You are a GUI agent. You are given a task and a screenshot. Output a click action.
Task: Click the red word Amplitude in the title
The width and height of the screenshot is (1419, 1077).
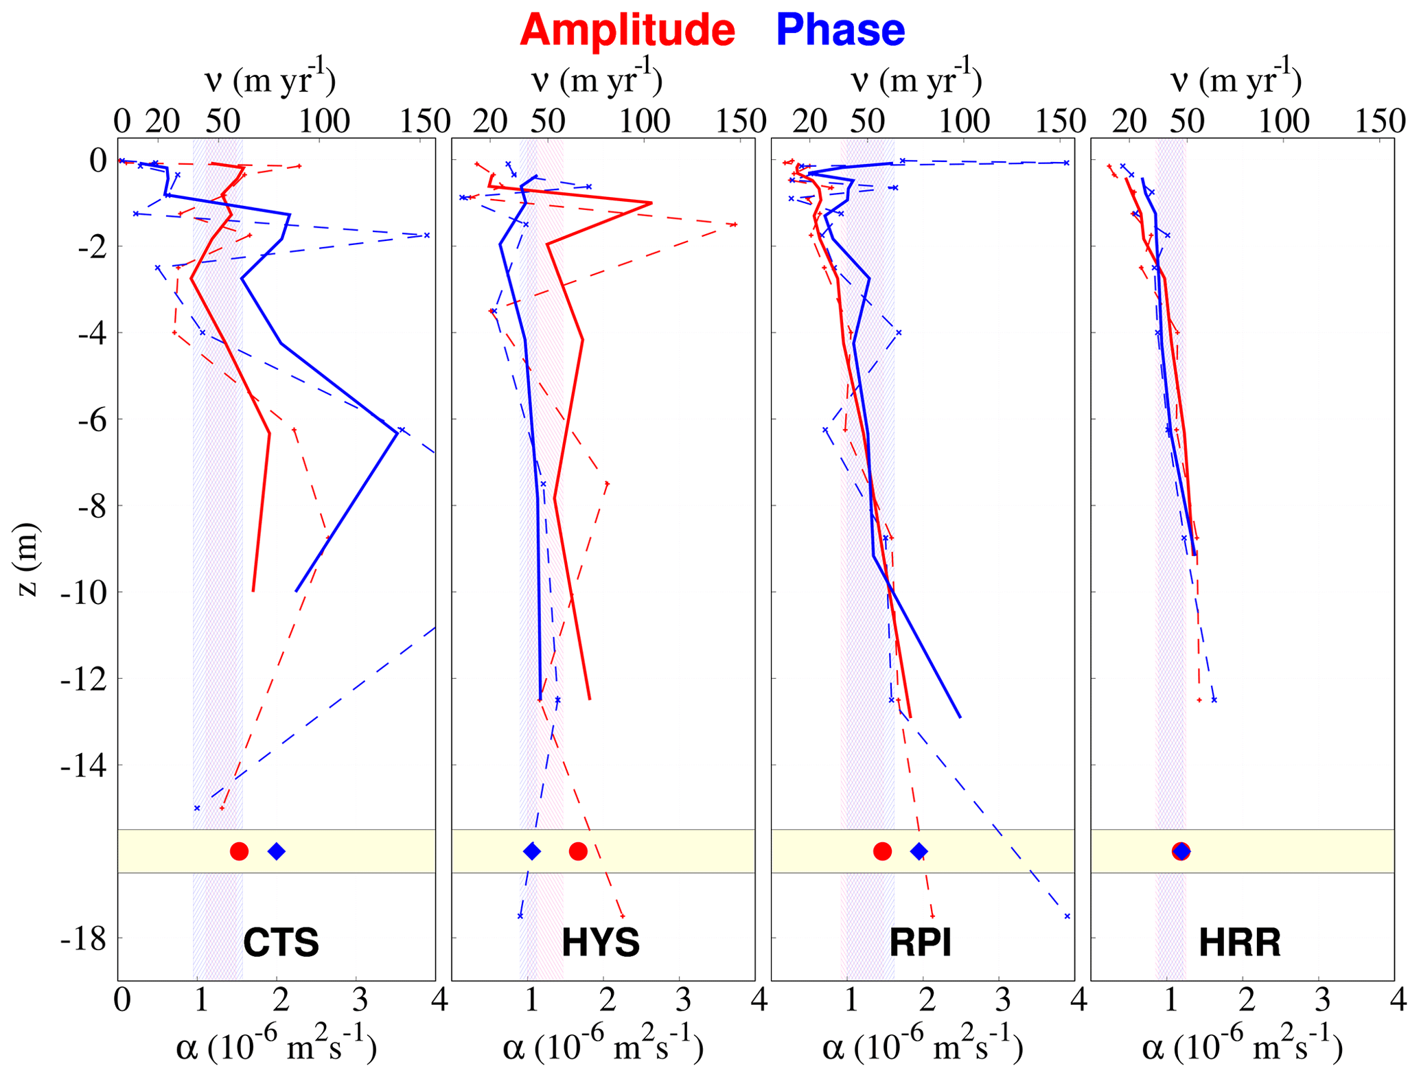[627, 30]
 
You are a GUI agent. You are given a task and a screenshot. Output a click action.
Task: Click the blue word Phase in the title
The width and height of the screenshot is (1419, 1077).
[840, 30]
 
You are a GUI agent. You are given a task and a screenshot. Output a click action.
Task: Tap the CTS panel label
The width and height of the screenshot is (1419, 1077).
[281, 942]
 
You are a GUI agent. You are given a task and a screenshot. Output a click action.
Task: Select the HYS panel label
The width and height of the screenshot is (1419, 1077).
[601, 942]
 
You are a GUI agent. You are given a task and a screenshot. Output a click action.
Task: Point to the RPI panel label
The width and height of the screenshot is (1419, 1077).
[920, 942]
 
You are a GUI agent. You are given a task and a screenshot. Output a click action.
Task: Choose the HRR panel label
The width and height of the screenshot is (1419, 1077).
[1239, 942]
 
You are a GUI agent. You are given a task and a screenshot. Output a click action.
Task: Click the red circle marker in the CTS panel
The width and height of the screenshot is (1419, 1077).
[239, 851]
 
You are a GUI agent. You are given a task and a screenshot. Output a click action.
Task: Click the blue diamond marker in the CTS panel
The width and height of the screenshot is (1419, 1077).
[277, 851]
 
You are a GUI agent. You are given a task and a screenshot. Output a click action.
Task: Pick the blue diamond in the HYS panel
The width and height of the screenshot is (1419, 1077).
[532, 851]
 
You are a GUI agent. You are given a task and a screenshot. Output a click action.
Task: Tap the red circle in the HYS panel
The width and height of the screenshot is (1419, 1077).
[578, 851]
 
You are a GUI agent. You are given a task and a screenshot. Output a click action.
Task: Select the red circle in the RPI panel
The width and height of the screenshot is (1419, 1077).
[882, 851]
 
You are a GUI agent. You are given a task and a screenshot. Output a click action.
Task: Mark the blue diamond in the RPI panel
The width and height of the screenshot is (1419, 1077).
[919, 851]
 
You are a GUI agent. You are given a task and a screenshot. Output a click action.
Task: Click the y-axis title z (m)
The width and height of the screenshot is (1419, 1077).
[27, 559]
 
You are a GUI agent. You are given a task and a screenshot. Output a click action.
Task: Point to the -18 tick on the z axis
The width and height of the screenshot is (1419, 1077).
[83, 938]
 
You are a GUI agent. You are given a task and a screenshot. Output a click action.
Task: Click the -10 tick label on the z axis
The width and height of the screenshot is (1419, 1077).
[83, 592]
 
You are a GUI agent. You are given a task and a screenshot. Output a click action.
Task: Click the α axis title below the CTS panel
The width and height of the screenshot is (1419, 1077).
[276, 1047]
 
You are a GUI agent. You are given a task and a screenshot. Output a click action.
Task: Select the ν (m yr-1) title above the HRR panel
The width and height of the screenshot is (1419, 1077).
[1236, 81]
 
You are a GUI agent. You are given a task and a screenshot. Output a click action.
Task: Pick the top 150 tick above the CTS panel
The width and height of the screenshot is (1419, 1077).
[425, 121]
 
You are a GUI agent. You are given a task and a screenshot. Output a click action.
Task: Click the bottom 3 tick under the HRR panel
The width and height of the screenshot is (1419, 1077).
[1322, 1000]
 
